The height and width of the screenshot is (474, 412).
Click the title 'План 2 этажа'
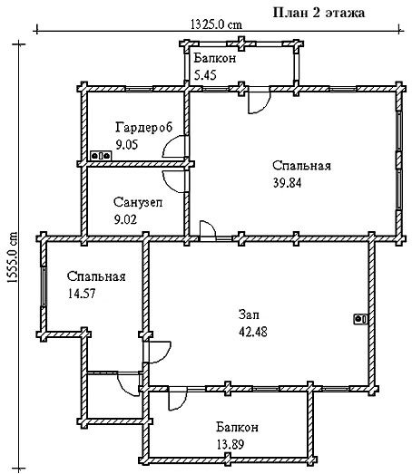click(319, 13)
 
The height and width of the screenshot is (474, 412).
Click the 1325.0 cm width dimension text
click(217, 24)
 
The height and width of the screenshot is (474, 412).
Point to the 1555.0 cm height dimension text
click(12, 258)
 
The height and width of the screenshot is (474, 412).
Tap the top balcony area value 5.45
click(205, 75)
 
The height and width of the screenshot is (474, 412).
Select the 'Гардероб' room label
click(143, 127)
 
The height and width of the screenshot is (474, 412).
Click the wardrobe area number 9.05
click(127, 144)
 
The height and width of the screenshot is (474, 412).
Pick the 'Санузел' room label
click(138, 202)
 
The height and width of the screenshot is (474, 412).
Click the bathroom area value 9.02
click(125, 219)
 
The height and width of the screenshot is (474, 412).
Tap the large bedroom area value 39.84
click(288, 183)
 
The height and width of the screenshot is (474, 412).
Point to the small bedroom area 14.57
click(82, 294)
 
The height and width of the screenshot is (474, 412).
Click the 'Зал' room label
click(249, 314)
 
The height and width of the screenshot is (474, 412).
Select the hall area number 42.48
click(253, 332)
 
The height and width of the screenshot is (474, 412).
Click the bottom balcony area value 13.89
click(231, 445)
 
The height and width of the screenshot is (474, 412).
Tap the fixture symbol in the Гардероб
click(101, 156)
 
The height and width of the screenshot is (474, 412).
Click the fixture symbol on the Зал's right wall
click(361, 319)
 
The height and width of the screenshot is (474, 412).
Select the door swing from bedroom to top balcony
click(259, 102)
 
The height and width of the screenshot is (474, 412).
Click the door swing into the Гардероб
click(174, 147)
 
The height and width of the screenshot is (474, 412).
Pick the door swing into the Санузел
click(174, 181)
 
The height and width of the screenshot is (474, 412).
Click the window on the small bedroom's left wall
click(44, 286)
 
